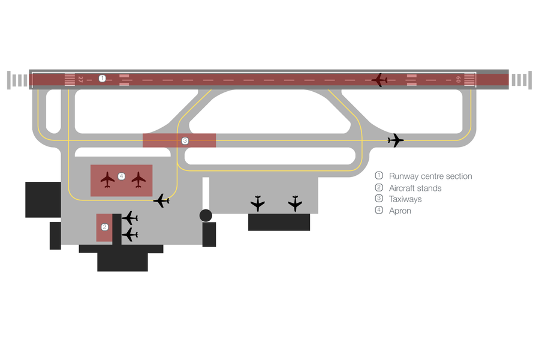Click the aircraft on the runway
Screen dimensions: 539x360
tap(380, 80)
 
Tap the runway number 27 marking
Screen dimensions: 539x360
tap(80, 80)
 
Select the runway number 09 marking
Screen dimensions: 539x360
tap(458, 80)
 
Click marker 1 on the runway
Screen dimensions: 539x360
tap(102, 79)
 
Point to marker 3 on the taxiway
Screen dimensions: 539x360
tap(185, 140)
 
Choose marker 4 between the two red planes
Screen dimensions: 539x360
tap(121, 176)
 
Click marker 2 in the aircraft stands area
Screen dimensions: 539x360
tap(104, 227)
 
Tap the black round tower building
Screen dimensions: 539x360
tap(206, 215)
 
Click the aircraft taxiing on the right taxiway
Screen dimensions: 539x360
tap(396, 140)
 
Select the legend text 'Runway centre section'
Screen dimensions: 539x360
tap(430, 176)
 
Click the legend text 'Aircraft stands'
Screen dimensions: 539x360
tap(415, 188)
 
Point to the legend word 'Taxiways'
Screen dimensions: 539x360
tap(405, 199)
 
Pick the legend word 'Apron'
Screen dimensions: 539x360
tap(400, 211)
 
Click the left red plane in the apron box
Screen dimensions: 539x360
tap(107, 179)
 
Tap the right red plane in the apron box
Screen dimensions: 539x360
tap(138, 179)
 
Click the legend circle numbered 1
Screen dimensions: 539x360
tap(379, 176)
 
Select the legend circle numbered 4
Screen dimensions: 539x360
tap(379, 209)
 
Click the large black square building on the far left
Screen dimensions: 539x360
tap(43, 200)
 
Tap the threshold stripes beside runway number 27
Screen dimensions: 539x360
tap(70, 80)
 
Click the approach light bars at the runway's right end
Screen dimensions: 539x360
tap(522, 80)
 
